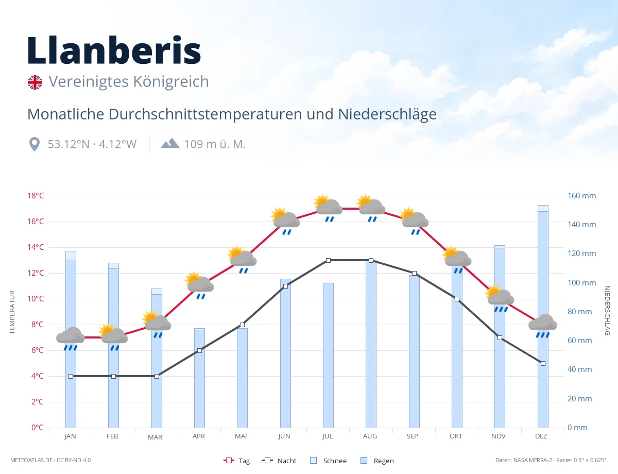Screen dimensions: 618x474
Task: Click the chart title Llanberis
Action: pyautogui.click(x=114, y=50)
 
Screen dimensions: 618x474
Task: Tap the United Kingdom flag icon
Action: pyautogui.click(x=35, y=82)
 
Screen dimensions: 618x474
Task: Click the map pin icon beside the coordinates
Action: pyautogui.click(x=35, y=144)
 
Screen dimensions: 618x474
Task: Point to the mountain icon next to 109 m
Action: pyautogui.click(x=170, y=143)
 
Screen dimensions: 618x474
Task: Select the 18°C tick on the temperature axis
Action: pyautogui.click(x=36, y=196)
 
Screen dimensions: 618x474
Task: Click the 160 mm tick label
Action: pyautogui.click(x=581, y=196)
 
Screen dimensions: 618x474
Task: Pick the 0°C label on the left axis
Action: pyautogui.click(x=37, y=427)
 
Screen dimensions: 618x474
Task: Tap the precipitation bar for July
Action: pyautogui.click(x=328, y=355)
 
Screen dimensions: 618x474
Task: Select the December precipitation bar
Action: pyautogui.click(x=543, y=316)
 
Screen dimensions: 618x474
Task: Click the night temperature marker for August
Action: pyautogui.click(x=371, y=260)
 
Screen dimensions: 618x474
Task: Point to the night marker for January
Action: pyautogui.click(x=71, y=376)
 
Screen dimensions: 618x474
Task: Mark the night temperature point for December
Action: pyautogui.click(x=543, y=363)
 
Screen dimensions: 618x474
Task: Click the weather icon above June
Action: pyautogui.click(x=285, y=221)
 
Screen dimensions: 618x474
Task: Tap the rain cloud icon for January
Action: pyautogui.click(x=71, y=338)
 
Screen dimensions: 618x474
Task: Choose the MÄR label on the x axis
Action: pyautogui.click(x=155, y=437)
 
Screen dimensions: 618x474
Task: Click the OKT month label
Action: pyautogui.click(x=456, y=436)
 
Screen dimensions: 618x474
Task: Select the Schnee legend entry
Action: pyautogui.click(x=329, y=461)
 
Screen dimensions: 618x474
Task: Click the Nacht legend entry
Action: pyautogui.click(x=279, y=461)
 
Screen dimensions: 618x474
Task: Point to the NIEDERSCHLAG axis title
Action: pyautogui.click(x=607, y=310)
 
